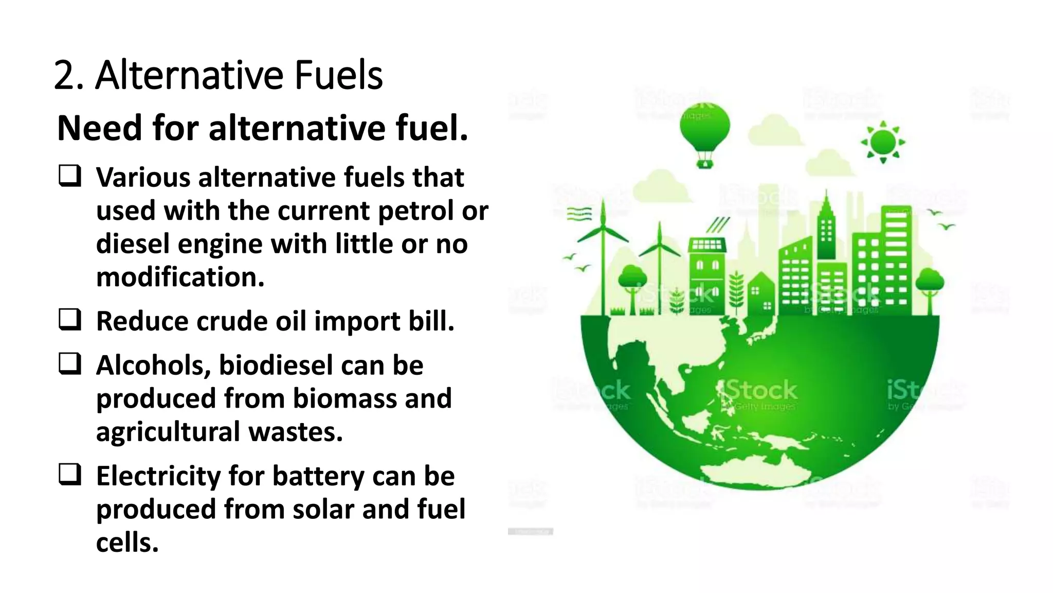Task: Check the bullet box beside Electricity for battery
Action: (x=69, y=474)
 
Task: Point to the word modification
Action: (x=180, y=277)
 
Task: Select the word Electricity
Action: (x=158, y=476)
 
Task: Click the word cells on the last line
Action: (x=127, y=543)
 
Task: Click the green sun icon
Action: (x=883, y=142)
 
